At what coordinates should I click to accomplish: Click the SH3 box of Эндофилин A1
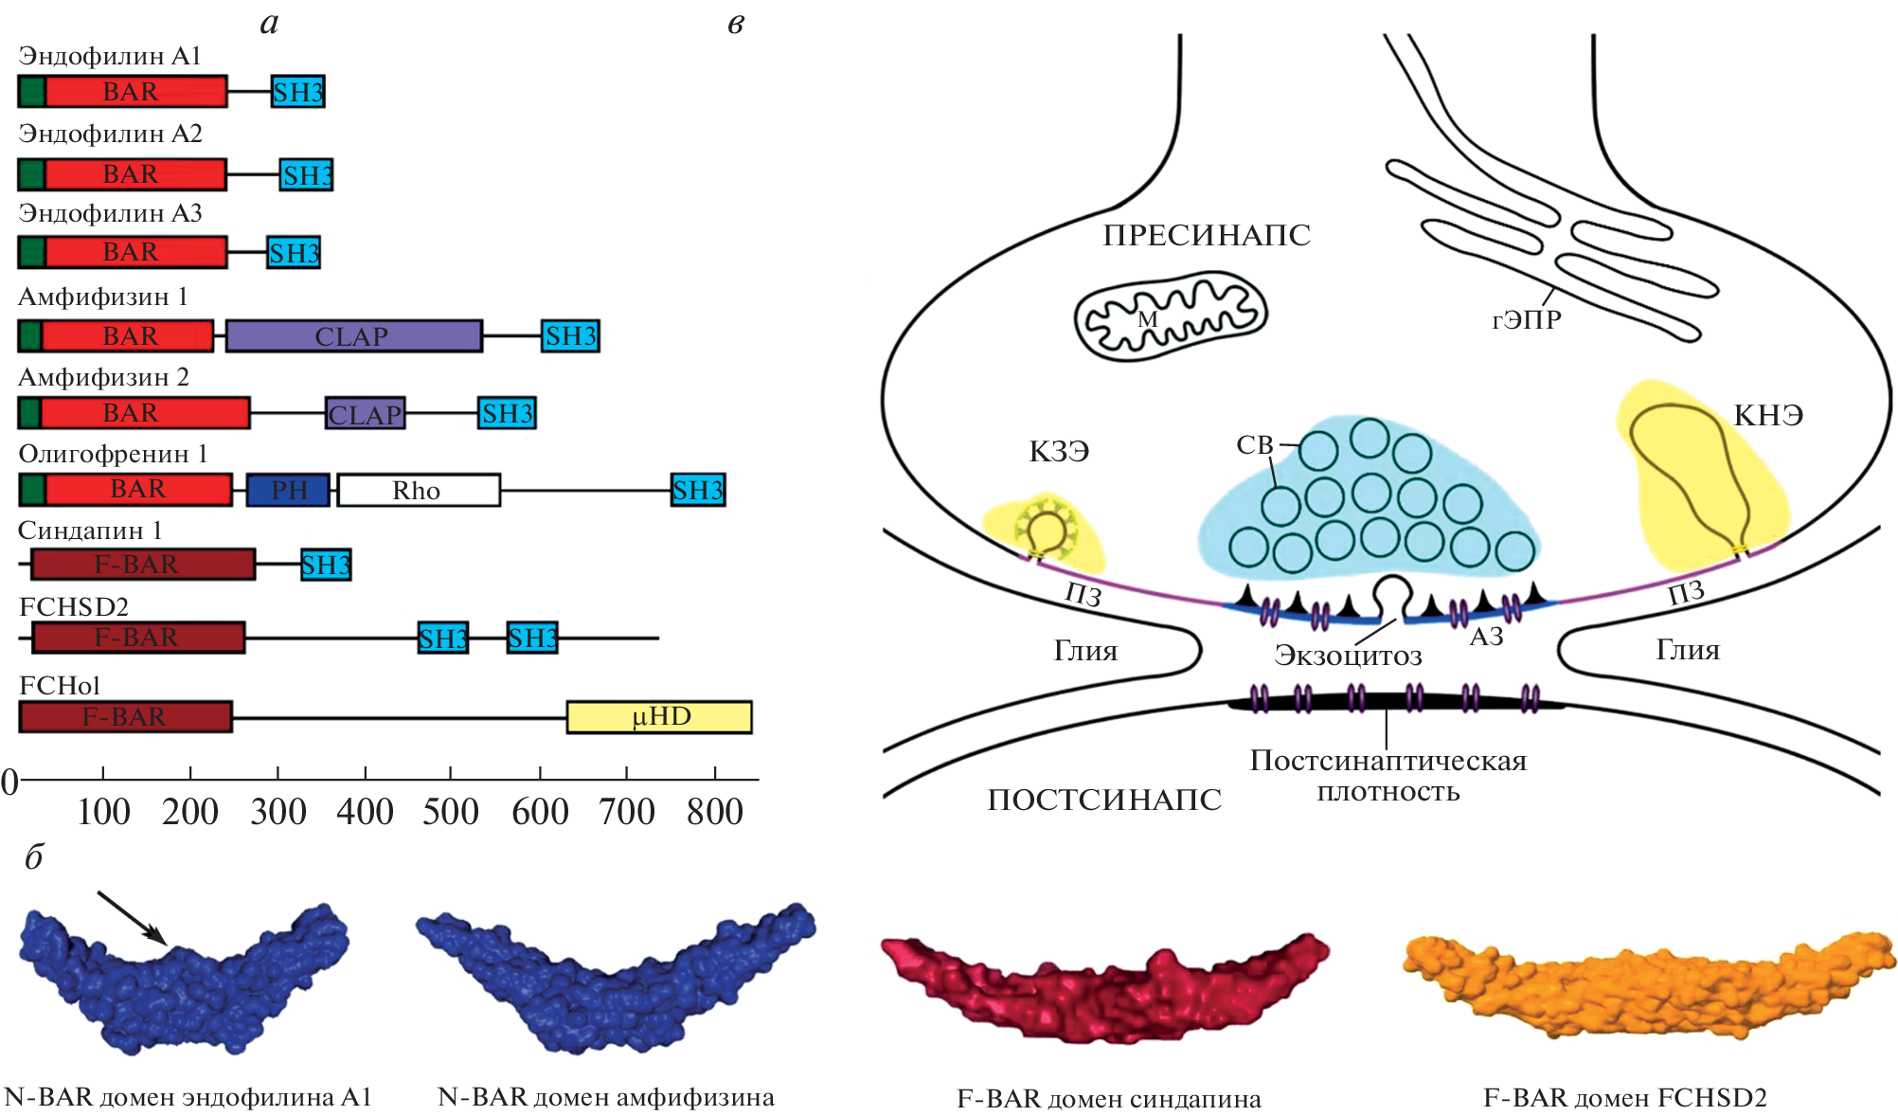tap(297, 92)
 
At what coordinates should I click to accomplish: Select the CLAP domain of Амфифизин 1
tap(353, 336)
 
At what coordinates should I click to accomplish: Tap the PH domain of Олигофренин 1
tap(288, 490)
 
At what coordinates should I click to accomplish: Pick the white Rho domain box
tap(418, 490)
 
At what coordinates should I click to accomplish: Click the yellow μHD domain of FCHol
tap(659, 717)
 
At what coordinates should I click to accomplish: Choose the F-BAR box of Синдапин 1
tap(142, 565)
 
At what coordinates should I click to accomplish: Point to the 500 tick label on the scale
tap(451, 812)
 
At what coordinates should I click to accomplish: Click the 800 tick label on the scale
tap(715, 812)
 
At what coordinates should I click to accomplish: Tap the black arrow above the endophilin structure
tap(133, 917)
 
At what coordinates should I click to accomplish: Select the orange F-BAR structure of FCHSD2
tap(1648, 985)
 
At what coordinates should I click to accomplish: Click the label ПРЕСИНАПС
tap(1207, 235)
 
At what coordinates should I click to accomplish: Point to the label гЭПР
tap(1527, 320)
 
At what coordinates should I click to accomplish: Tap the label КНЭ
tap(1768, 416)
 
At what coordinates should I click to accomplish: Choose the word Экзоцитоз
tap(1348, 656)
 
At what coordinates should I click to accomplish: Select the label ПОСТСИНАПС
tap(1104, 800)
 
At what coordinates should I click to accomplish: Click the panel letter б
tap(34, 857)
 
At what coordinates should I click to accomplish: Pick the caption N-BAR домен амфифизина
tap(606, 1097)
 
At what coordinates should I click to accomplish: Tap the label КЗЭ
tap(1059, 452)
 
